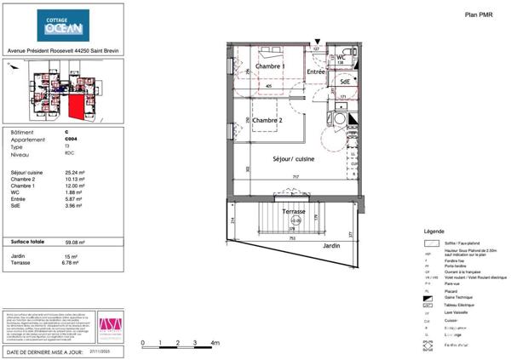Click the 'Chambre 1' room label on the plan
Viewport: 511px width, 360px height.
pyautogui.click(x=270, y=66)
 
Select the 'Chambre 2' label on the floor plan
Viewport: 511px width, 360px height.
pyautogui.click(x=270, y=121)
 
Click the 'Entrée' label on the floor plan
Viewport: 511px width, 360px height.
pyautogui.click(x=317, y=73)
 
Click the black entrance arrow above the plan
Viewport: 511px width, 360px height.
pyautogui.click(x=318, y=40)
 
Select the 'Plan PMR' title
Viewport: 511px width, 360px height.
pyautogui.click(x=479, y=14)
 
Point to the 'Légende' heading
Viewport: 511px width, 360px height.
pyautogui.click(x=433, y=231)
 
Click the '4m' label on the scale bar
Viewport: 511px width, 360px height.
pyautogui.click(x=215, y=342)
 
